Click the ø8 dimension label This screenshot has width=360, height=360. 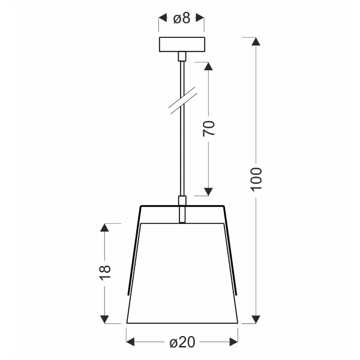point(181,19)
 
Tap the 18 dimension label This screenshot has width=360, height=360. point(105,272)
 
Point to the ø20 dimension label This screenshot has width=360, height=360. point(181,343)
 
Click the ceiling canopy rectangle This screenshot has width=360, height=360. point(182,45)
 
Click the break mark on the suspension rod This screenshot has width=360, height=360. point(182,100)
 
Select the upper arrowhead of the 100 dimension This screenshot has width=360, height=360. point(256,43)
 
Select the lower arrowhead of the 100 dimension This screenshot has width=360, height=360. point(256,318)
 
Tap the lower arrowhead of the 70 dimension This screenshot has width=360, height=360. point(209,191)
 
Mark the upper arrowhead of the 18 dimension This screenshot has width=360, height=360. point(105,229)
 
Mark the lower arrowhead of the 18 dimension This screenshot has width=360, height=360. point(105,318)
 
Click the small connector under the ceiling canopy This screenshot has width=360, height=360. point(182,57)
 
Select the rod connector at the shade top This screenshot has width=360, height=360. point(182,208)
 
